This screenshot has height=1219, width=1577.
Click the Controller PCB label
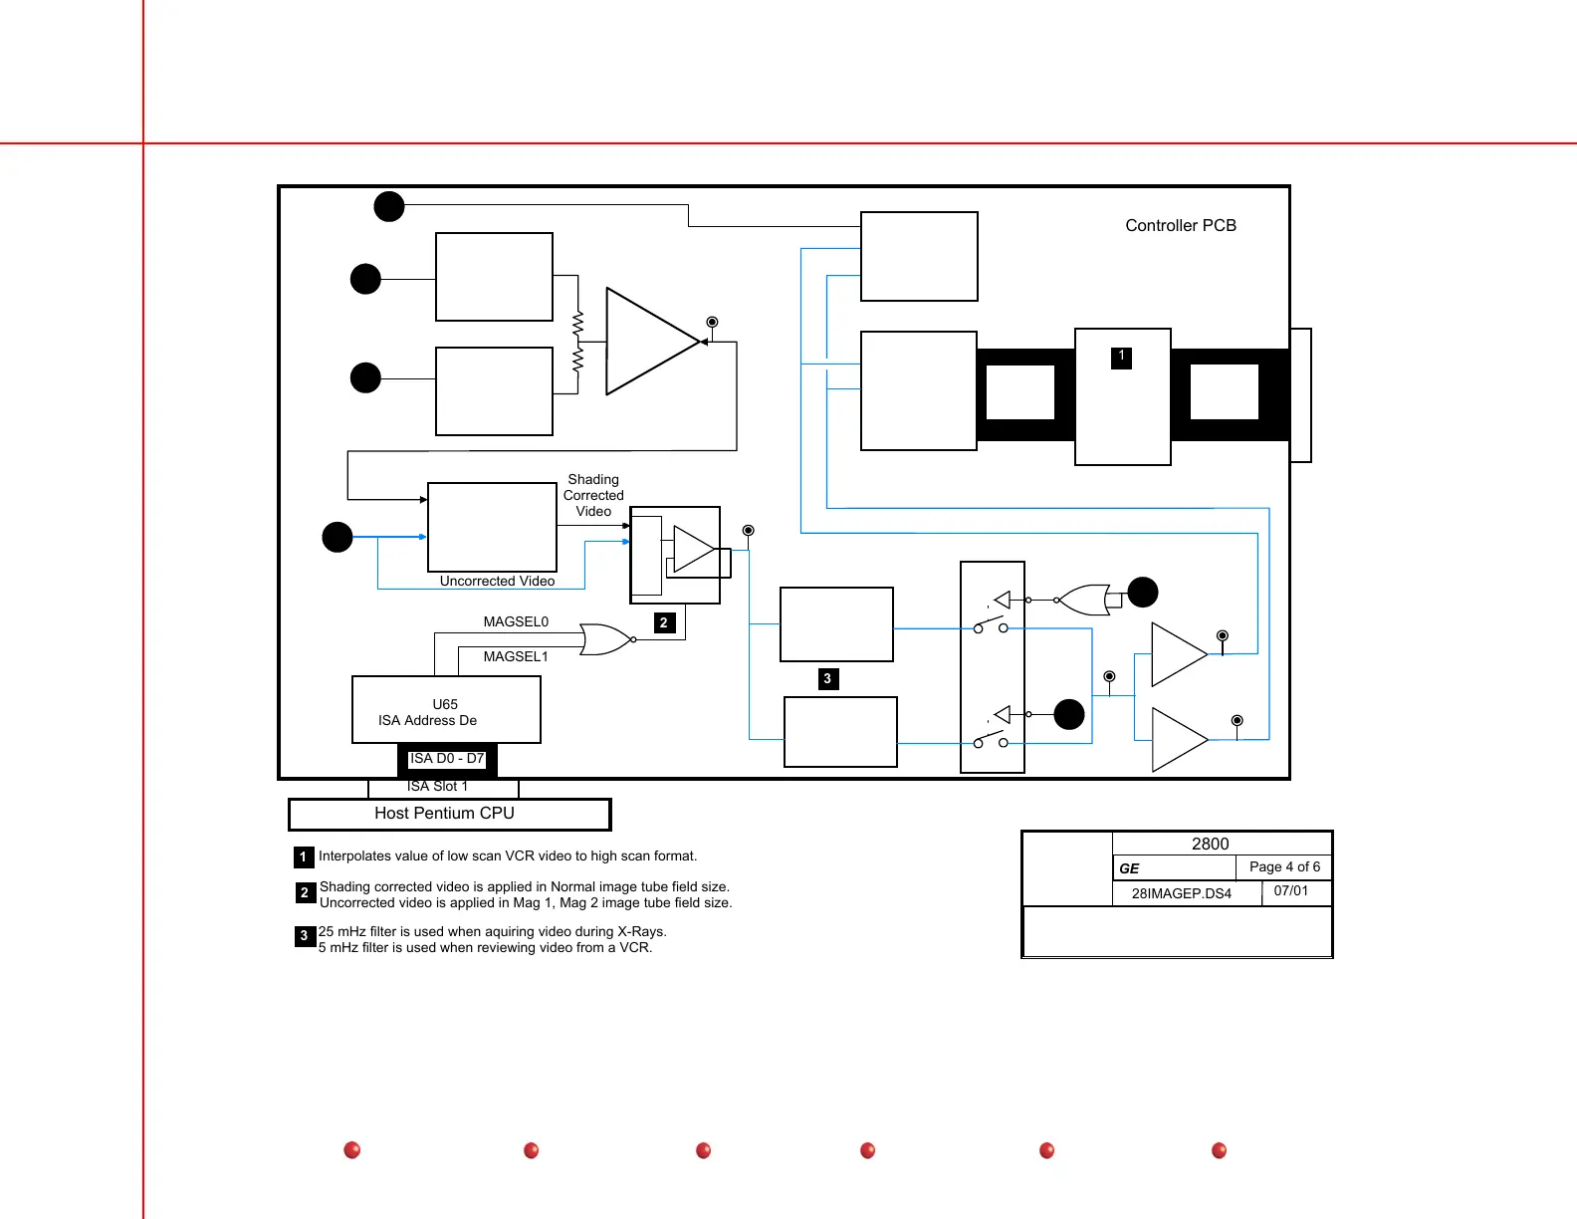pos(1181,226)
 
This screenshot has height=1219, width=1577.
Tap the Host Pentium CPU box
pos(449,814)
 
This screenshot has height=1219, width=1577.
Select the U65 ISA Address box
pos(446,710)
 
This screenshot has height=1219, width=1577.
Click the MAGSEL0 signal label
pos(516,622)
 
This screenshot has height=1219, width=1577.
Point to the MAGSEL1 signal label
pos(516,657)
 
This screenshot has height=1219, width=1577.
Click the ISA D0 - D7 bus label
pos(447,759)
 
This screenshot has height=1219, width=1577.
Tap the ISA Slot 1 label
pos(437,787)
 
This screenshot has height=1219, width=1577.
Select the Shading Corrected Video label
pos(593,495)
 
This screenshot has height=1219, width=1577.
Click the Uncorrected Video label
pos(497,582)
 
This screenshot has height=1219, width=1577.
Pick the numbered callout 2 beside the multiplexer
pos(664,623)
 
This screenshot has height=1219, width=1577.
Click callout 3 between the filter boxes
pos(827,679)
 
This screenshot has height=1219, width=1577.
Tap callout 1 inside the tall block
pos(1121,357)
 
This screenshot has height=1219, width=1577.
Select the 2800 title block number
pos(1210,845)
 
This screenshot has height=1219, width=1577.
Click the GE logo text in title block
pos(1129,868)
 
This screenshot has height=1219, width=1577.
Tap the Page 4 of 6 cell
pos(1284,867)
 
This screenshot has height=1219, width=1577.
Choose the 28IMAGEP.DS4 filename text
pos(1181,893)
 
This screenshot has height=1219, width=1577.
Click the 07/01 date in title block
pos(1291,891)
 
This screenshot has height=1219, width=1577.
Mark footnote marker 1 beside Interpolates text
pos(304,857)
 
